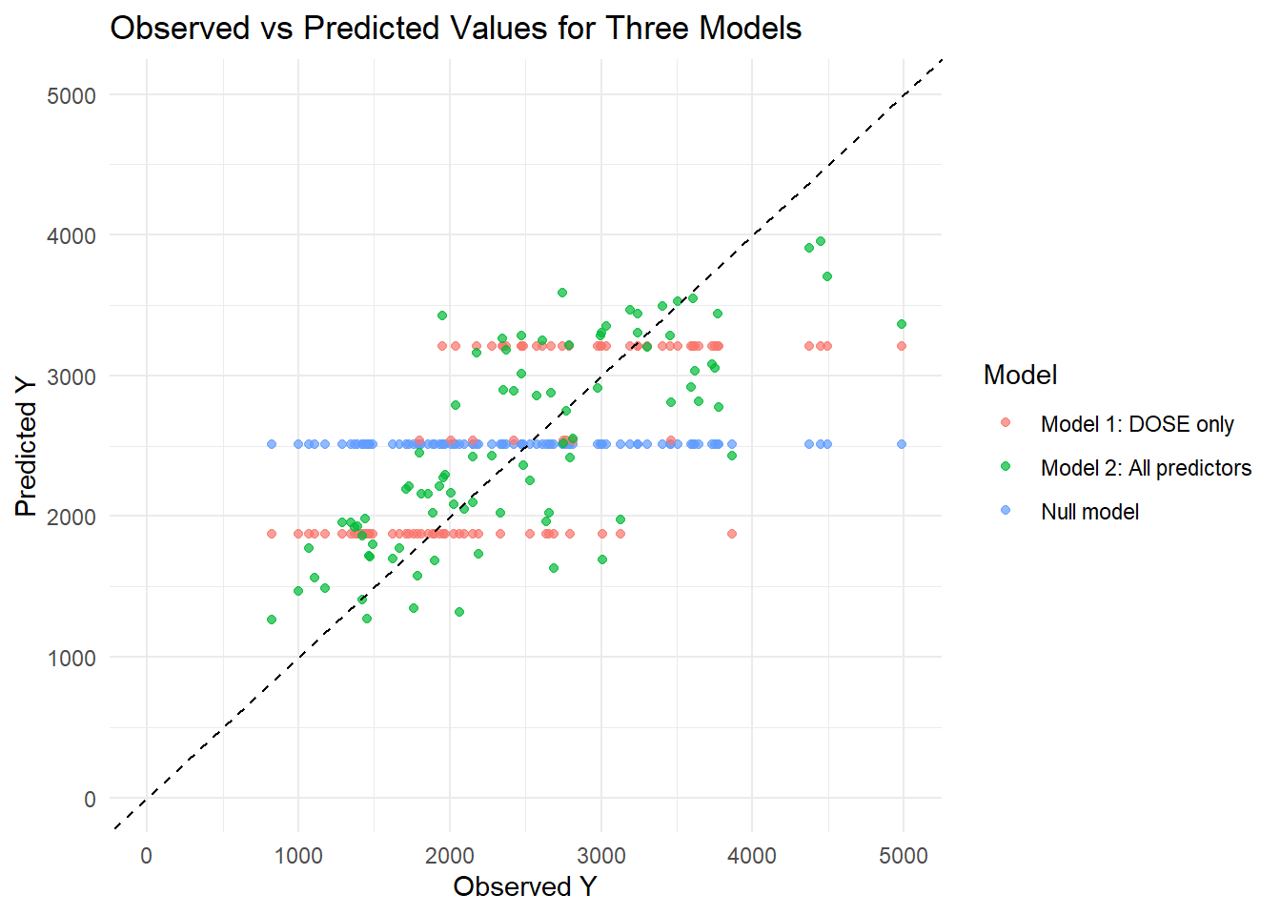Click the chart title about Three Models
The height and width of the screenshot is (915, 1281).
point(456,29)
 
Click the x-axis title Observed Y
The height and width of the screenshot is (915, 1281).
point(524,886)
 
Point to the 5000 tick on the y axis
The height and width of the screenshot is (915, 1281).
point(71,95)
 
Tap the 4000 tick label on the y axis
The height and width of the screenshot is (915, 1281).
point(71,235)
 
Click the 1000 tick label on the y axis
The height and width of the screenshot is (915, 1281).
point(71,658)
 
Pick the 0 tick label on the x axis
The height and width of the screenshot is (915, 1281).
point(146,855)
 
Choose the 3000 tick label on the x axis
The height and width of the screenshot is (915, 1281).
point(600,855)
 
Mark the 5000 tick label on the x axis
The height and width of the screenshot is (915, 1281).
point(903,855)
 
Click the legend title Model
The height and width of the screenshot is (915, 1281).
point(1020,375)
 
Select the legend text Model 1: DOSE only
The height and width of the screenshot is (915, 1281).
point(1137,424)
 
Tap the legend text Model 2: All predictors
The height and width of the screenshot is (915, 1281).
point(1146,468)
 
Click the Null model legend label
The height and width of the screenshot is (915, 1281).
point(1089,512)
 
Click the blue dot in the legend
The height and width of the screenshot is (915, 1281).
point(1006,511)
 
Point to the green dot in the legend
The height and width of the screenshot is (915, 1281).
point(1006,467)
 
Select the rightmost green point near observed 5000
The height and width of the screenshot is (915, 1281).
point(902,324)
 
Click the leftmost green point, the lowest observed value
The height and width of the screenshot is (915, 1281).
point(272,620)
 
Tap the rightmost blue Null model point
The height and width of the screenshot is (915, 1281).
point(902,444)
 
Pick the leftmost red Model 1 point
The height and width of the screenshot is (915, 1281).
point(272,534)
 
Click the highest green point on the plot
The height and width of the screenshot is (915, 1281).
point(821,241)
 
